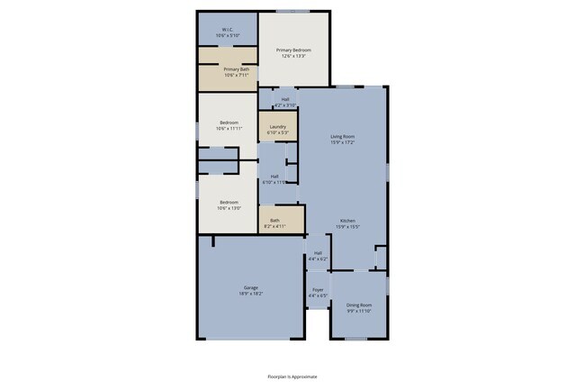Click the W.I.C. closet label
click(x=228, y=29)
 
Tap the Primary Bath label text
click(x=237, y=69)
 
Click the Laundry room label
click(x=277, y=127)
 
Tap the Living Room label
click(x=343, y=136)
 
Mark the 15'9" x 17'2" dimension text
click(x=343, y=142)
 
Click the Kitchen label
click(x=348, y=220)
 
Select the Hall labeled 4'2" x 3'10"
click(x=285, y=99)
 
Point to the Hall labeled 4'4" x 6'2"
click(x=318, y=253)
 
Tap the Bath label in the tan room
click(x=274, y=221)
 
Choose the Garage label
click(x=250, y=287)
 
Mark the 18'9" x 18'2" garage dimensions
click(x=250, y=294)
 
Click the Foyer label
click(x=318, y=289)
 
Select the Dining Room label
click(x=359, y=305)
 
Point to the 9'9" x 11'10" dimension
click(x=359, y=312)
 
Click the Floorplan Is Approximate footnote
click(x=292, y=376)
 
